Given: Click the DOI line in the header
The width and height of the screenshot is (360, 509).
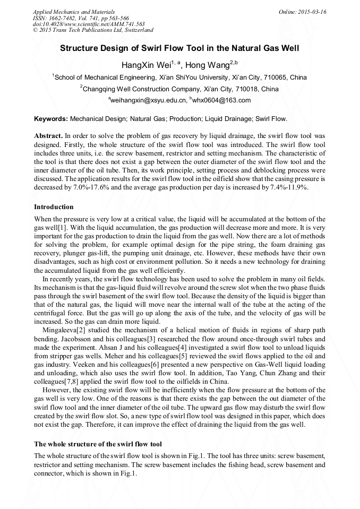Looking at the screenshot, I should pyautogui.click(x=89, y=24).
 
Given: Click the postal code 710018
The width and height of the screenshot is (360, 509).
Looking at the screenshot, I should pyautogui.click(x=249, y=89).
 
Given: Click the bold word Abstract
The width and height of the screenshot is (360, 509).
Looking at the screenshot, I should pyautogui.click(x=48, y=136).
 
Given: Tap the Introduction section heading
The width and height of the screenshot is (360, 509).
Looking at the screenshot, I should pyautogui.click(x=54, y=206).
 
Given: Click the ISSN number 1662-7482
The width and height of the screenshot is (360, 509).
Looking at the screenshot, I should pyautogui.click(x=64, y=18).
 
